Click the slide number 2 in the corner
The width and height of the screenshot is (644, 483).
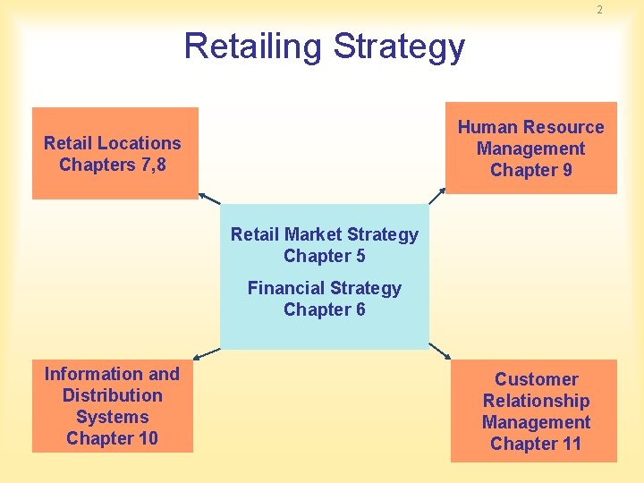tap(599, 10)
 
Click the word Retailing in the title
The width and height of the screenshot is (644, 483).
tap(251, 46)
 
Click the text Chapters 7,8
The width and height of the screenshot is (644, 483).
tap(113, 165)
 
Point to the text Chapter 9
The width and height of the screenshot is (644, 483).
tap(531, 170)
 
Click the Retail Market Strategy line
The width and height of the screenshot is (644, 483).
tap(324, 234)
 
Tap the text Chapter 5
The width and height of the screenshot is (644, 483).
tap(324, 256)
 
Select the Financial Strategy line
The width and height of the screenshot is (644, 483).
tap(324, 288)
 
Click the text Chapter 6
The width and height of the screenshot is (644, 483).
tap(324, 309)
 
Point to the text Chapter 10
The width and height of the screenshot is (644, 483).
tap(112, 438)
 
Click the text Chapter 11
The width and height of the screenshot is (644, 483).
tap(535, 444)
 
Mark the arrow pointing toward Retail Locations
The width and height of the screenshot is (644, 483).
tap(209, 198)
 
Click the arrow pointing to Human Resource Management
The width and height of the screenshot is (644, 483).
tap(436, 196)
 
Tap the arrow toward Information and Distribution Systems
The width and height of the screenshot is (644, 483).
tap(207, 353)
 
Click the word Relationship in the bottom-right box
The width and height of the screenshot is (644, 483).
tap(536, 401)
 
